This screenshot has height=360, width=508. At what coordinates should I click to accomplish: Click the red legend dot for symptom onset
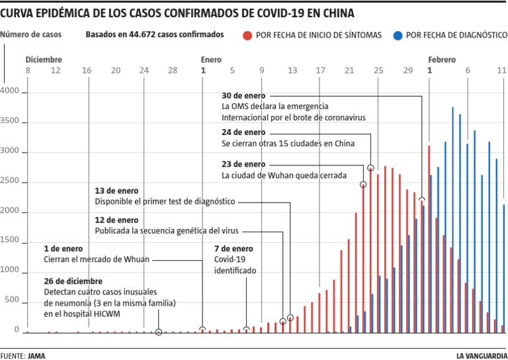247,35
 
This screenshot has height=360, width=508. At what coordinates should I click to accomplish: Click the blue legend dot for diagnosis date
397,35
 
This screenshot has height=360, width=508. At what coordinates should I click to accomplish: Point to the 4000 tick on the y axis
11,93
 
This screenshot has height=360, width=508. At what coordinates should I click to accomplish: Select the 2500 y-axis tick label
11,183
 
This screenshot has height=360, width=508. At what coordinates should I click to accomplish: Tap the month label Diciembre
44,59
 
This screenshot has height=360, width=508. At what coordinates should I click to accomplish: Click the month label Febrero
441,59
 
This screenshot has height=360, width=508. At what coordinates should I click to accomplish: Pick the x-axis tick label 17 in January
320,71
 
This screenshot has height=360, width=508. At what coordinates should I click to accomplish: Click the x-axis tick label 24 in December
144,71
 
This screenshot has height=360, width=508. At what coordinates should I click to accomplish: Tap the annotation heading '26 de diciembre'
73,281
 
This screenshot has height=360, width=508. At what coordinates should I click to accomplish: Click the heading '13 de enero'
117,191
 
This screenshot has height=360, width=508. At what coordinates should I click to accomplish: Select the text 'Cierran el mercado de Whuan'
97,259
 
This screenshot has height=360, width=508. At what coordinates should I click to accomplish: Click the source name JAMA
37,355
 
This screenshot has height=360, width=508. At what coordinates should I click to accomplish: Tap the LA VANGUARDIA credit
482,355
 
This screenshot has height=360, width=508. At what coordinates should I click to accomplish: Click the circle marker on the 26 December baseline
159,332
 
